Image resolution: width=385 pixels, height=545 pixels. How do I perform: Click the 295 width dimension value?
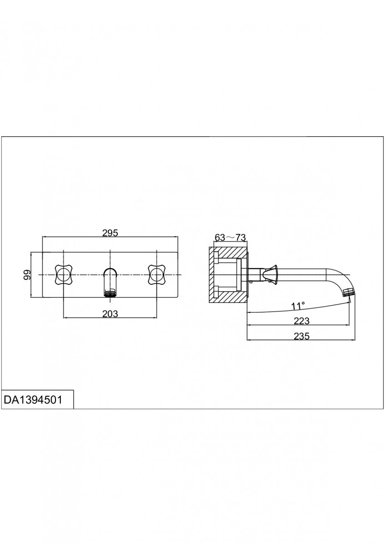110,233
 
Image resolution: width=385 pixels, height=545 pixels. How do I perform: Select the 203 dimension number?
110,314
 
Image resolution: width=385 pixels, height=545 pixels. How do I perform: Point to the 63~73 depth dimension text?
230,237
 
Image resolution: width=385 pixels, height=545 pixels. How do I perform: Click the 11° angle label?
298,306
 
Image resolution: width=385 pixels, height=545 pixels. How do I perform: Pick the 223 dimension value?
301,321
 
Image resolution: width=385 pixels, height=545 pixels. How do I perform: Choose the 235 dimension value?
301,336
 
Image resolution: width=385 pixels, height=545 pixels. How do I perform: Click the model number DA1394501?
33,400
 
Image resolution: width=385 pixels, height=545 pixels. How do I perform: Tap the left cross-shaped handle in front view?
63,275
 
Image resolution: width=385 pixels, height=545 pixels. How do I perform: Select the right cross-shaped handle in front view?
156,275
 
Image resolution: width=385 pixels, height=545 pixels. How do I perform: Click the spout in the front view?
110,282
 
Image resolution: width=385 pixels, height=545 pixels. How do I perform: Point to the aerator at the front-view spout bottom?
110,293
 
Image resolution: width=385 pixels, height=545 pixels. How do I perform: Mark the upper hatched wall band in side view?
229,253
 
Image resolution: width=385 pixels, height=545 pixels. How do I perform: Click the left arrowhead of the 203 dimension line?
65,317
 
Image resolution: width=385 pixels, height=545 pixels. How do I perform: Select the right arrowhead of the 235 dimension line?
353,340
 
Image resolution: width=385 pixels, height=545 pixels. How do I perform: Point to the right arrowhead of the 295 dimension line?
176,236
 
